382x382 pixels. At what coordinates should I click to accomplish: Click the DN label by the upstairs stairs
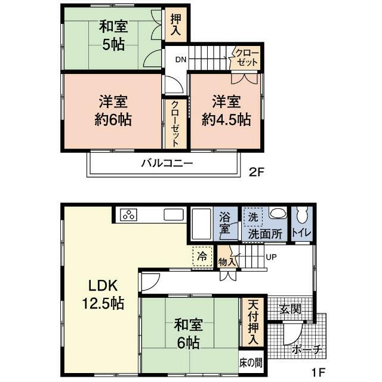pyautogui.click(x=181, y=60)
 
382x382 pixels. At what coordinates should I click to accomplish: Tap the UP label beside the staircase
pyautogui.click(x=272, y=257)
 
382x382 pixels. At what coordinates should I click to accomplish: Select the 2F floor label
pyautogui.click(x=256, y=172)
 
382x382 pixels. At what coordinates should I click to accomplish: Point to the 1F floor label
pyautogui.click(x=318, y=372)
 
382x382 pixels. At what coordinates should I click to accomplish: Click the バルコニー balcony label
pyautogui.click(x=167, y=163)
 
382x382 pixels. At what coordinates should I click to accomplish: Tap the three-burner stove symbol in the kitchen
pyautogui.click(x=128, y=215)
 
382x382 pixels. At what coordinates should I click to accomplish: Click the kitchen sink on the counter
pyautogui.click(x=174, y=215)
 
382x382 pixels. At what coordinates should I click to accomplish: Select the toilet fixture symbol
pyautogui.click(x=302, y=215)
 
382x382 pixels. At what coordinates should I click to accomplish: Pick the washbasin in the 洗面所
pyautogui.click(x=278, y=214)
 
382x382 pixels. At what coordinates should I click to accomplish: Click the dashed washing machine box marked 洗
pyautogui.click(x=253, y=217)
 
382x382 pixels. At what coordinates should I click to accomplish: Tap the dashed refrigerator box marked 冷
pyautogui.click(x=202, y=256)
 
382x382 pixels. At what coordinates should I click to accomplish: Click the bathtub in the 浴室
pyautogui.click(x=201, y=224)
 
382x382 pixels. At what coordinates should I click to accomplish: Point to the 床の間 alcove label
pyautogui.click(x=251, y=363)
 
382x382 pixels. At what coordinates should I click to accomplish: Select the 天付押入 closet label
pyautogui.click(x=253, y=322)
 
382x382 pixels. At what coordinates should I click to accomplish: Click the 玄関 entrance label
pyautogui.click(x=291, y=309)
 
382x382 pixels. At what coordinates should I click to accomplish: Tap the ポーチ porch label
pyautogui.click(x=307, y=350)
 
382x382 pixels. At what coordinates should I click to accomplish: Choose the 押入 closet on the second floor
pyautogui.click(x=175, y=24)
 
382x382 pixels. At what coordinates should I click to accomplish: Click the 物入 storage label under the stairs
pyautogui.click(x=227, y=262)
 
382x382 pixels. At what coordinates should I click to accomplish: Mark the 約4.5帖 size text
pyautogui.click(x=226, y=119)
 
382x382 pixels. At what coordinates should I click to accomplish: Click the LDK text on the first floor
pyautogui.click(x=103, y=285)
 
